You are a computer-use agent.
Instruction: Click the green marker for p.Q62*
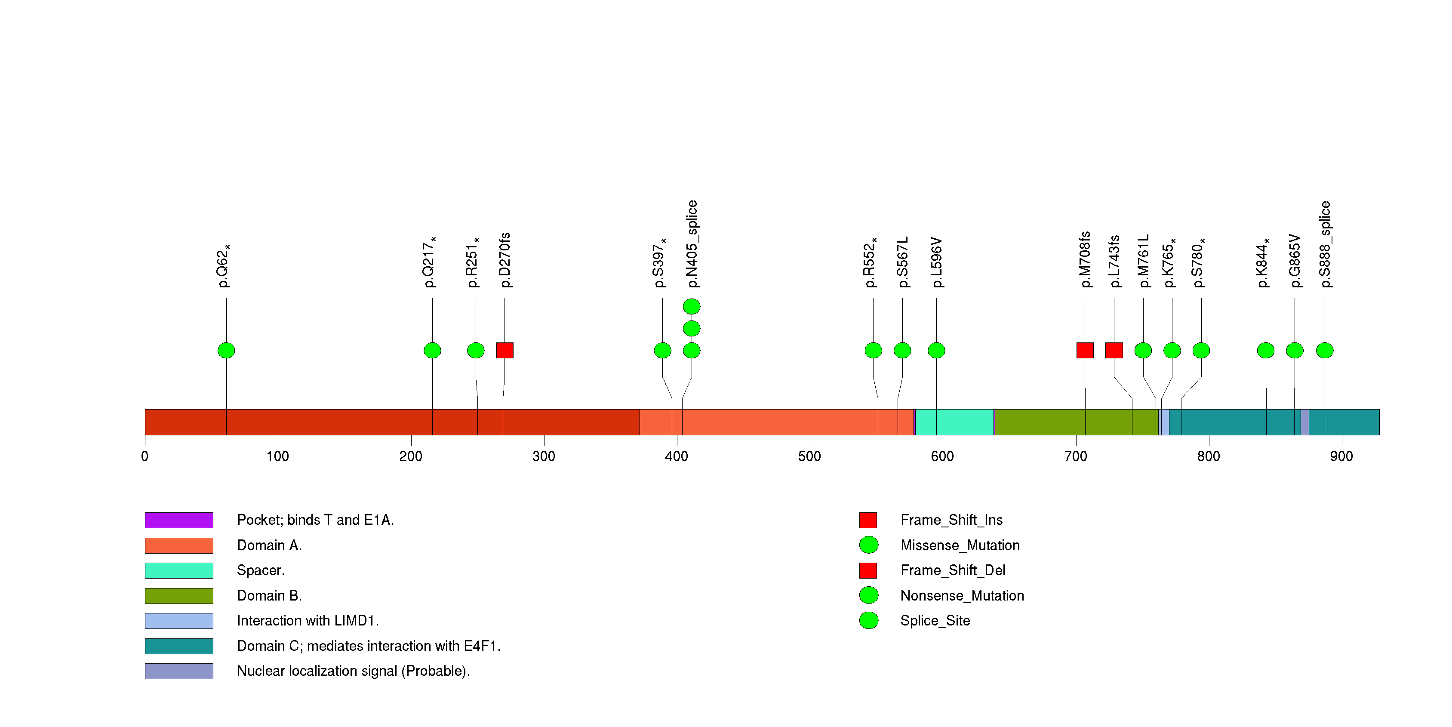coord(226,351)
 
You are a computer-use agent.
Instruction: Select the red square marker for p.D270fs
coord(505,351)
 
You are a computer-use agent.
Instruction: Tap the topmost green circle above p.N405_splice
coord(692,307)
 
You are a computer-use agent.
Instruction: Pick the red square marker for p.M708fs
coord(1085,351)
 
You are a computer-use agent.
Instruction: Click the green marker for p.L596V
coord(936,351)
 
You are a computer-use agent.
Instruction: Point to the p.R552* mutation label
coord(871,262)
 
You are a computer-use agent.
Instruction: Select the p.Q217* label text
coord(430,262)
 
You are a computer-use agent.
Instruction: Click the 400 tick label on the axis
coord(677,456)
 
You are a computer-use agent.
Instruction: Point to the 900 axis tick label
coord(1341,456)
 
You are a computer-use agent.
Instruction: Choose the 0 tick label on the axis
coord(145,456)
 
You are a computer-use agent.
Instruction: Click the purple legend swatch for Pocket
coord(178,520)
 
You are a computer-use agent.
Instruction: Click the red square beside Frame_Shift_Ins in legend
coord(868,520)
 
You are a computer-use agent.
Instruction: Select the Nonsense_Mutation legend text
coord(962,596)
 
